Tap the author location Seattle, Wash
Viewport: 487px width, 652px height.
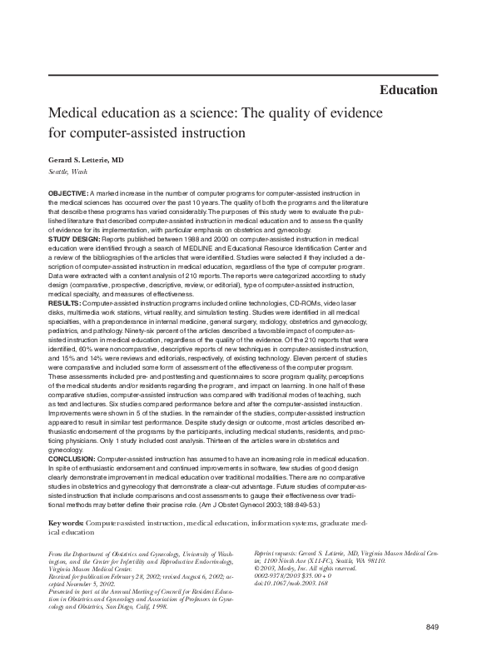click(67, 172)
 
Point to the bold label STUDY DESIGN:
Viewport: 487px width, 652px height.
click(76, 239)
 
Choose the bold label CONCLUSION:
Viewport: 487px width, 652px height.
click(72, 459)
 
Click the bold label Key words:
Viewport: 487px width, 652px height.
click(67, 521)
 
